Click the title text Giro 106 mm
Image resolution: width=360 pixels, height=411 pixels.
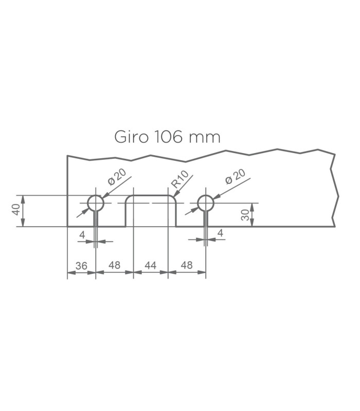click(167, 137)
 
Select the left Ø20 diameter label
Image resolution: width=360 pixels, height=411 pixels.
click(117, 177)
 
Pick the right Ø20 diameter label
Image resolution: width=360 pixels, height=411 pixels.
click(236, 176)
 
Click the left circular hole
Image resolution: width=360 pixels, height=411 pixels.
click(87, 203)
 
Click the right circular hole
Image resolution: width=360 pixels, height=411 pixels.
click(198, 203)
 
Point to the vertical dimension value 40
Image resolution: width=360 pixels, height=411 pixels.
click(16, 210)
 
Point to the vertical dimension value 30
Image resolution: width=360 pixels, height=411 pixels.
click(245, 215)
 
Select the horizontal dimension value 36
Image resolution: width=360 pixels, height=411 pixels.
click(81, 266)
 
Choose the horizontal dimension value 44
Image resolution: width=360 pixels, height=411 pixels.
click(151, 266)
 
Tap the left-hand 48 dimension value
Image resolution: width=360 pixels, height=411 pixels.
click(114, 265)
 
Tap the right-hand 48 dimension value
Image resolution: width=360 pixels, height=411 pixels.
click(187, 265)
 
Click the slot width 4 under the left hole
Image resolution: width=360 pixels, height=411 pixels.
click(82, 235)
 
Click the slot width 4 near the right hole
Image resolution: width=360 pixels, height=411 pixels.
click(221, 233)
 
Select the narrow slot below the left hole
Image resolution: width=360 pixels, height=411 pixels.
click(96, 219)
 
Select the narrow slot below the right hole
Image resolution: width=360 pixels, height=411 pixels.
click(206, 219)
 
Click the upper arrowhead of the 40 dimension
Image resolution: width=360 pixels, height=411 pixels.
click(23, 199)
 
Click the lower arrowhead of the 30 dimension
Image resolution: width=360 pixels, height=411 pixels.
click(252, 223)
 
